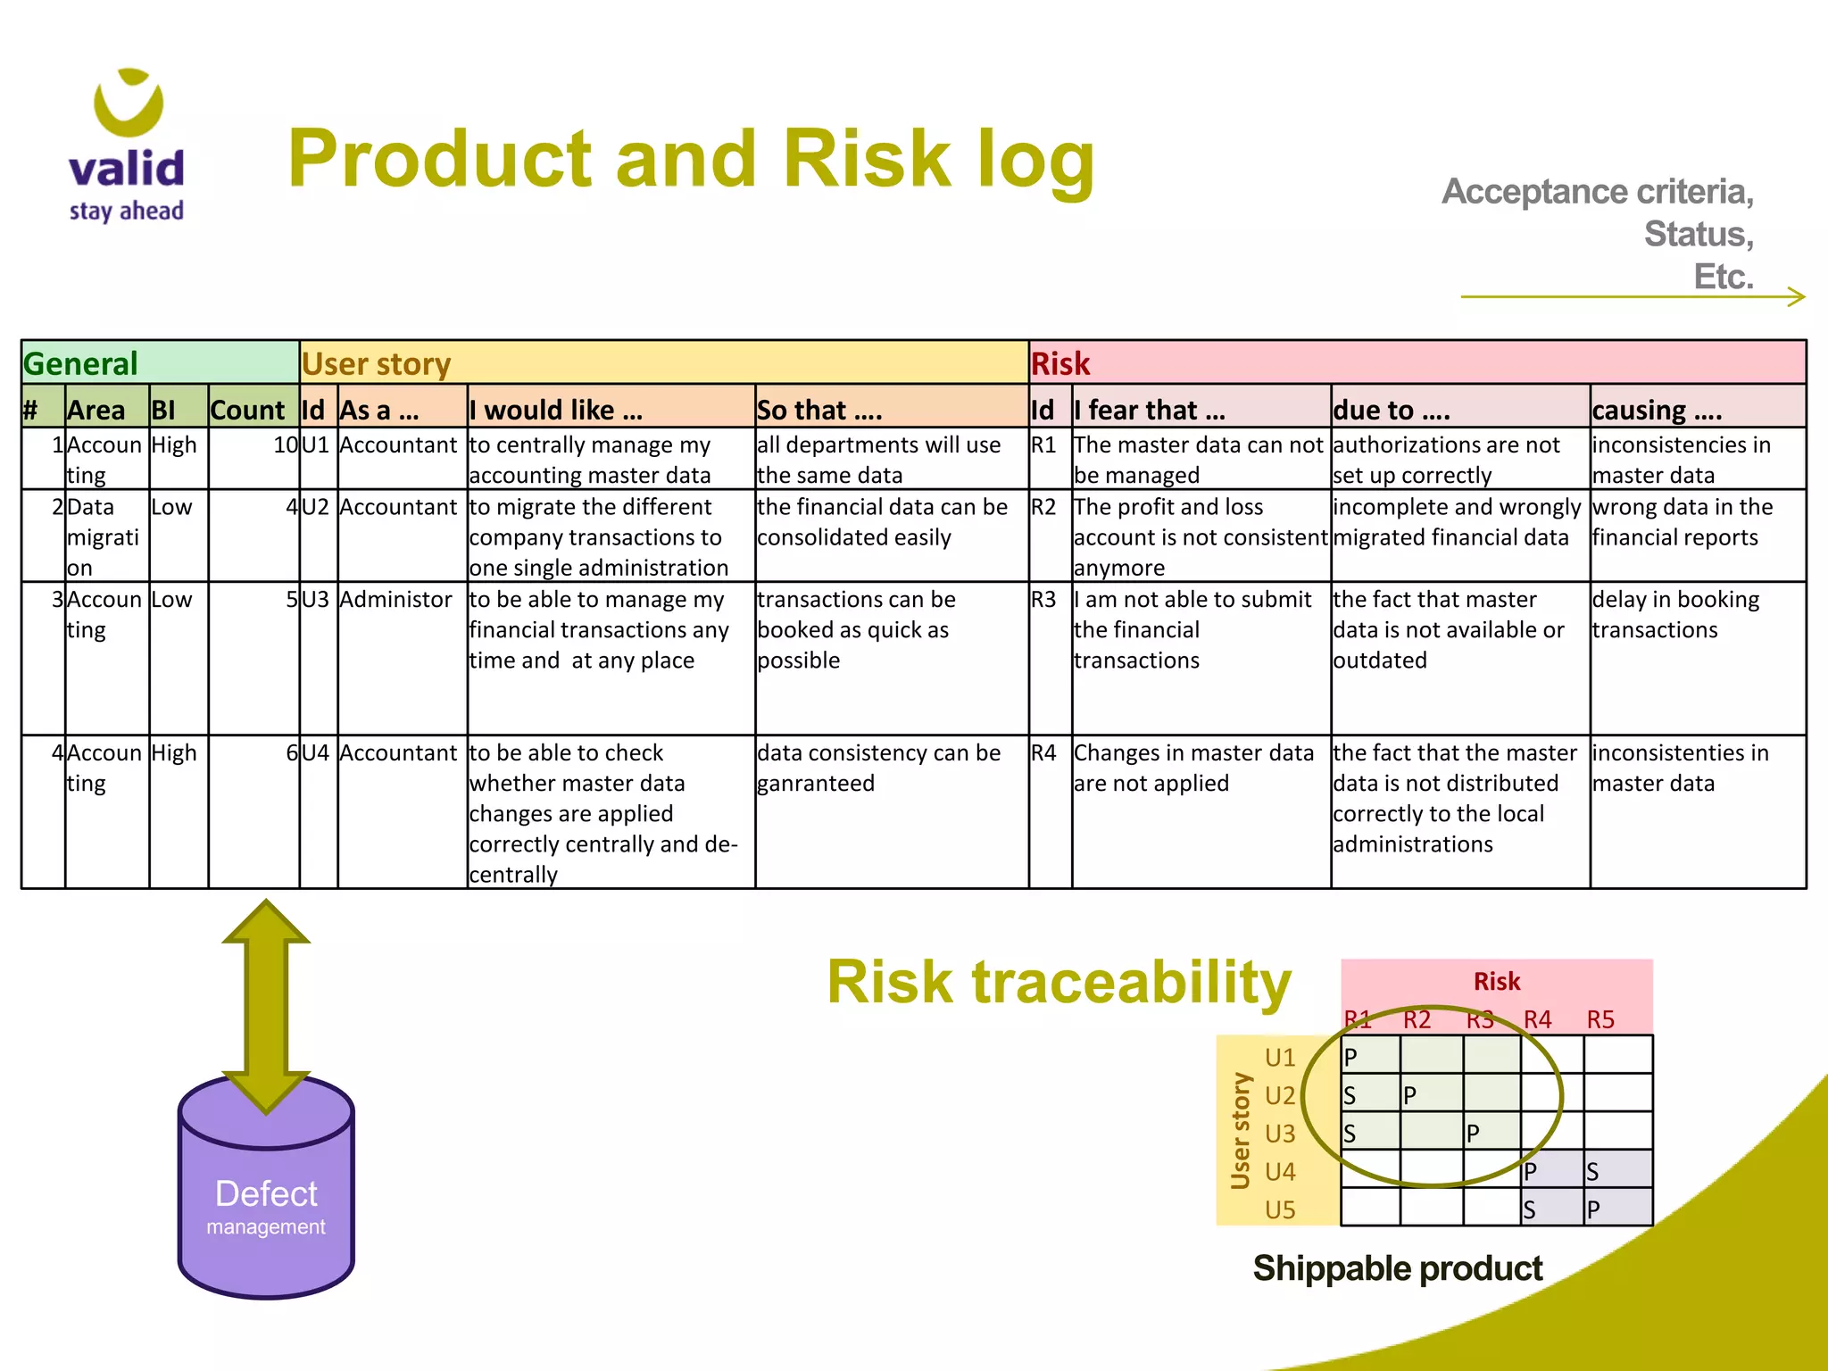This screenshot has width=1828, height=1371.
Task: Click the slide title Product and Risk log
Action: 690,159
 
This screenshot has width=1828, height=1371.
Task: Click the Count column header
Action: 247,410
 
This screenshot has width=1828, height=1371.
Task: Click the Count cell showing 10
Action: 285,445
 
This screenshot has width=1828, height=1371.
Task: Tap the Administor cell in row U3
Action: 395,600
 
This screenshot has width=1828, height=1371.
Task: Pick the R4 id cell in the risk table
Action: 1043,753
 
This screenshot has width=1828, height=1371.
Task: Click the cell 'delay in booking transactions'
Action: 1675,615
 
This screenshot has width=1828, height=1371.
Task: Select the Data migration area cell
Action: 104,536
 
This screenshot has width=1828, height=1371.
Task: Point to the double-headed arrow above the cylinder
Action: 266,1004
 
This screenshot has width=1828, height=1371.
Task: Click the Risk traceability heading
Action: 1059,982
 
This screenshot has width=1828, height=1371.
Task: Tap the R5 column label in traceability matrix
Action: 1600,1019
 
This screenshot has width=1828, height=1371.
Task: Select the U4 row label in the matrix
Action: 1279,1171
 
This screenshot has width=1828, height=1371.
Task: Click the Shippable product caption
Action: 1397,1268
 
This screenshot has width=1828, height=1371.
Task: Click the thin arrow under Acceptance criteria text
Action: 1633,297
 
